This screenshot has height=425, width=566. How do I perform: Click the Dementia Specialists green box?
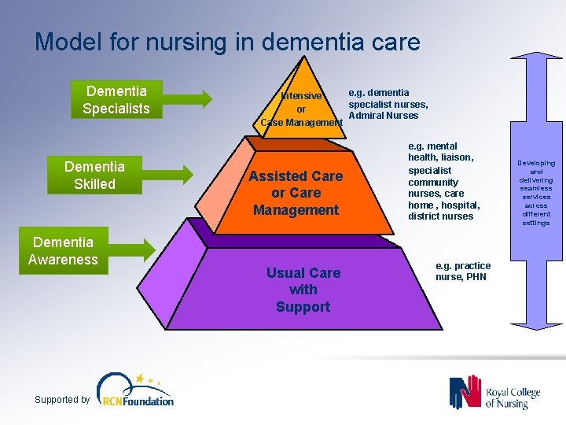pos(116,99)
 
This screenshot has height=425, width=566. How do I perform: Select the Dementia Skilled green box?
pos(94,176)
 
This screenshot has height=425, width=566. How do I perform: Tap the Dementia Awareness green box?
pos(63,251)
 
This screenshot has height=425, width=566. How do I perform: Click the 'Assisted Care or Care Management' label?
pos(296,193)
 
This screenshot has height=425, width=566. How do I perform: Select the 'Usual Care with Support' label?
pos(303,290)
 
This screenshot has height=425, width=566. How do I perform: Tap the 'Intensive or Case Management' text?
pos(301,109)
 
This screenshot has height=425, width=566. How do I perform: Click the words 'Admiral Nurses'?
pos(384,116)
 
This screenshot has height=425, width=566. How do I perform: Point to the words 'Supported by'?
pos(62,400)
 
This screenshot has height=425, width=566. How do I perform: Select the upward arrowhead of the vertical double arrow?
pos(536,49)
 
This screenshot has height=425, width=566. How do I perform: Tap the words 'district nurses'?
pos(440,216)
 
